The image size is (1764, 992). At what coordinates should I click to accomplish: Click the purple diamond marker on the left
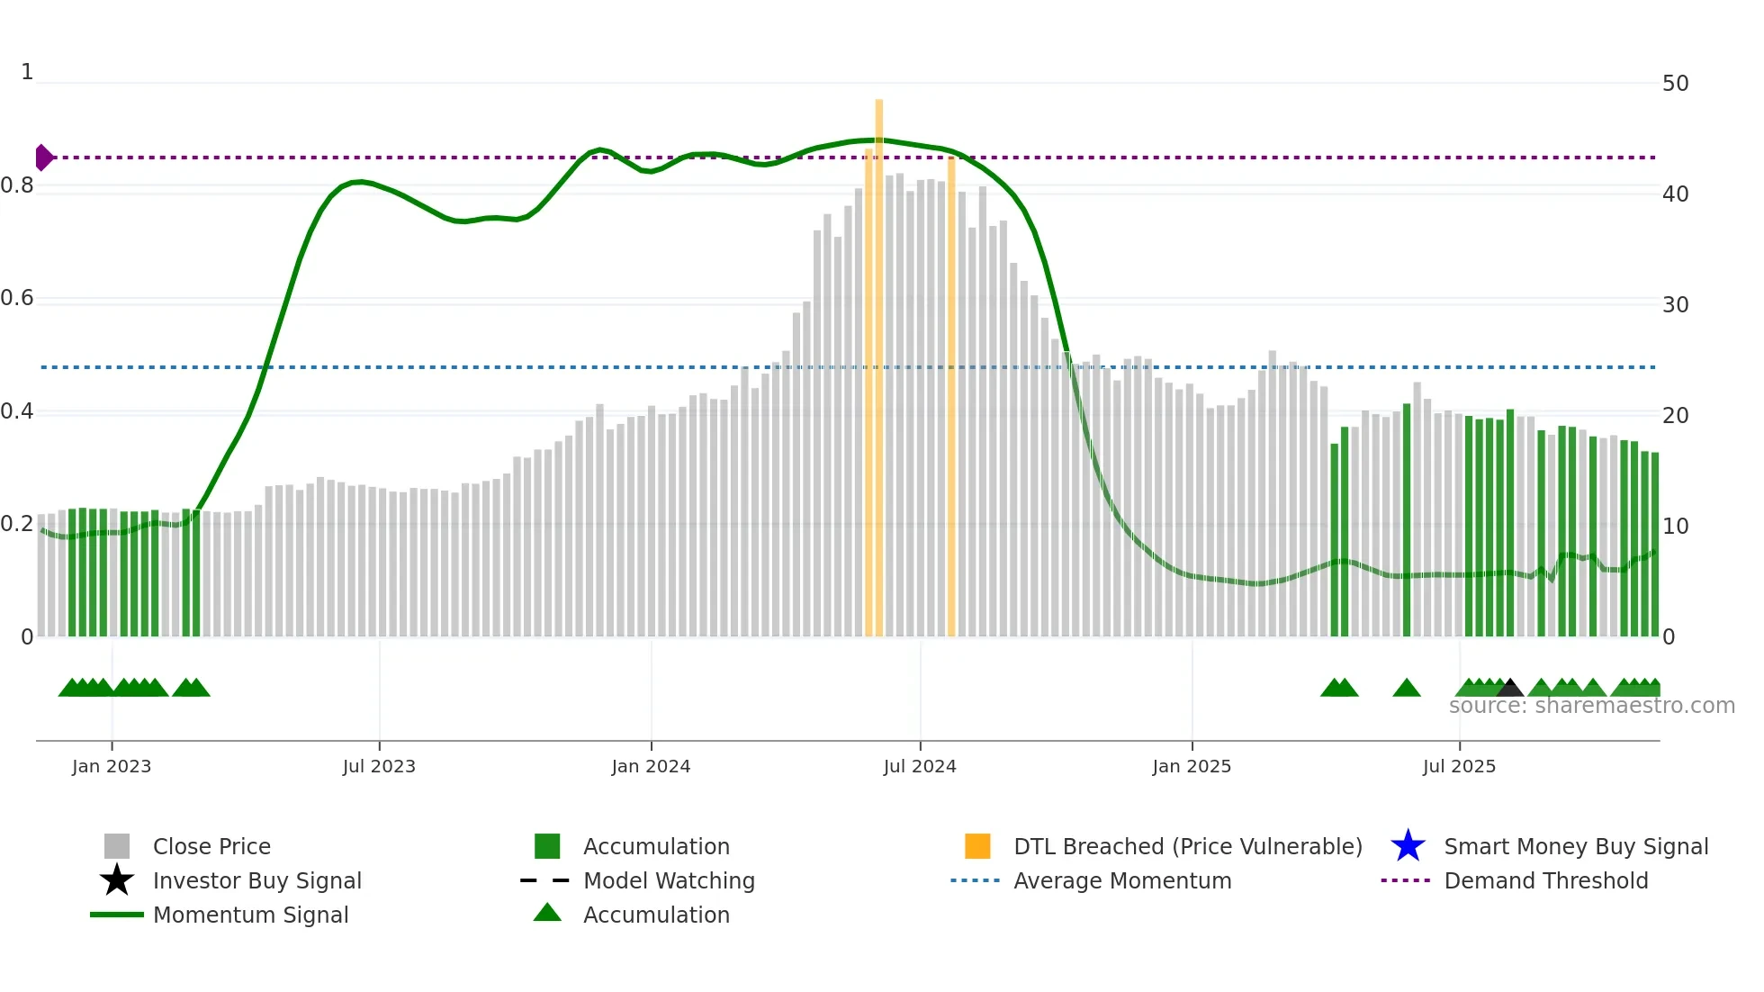pyautogui.click(x=43, y=158)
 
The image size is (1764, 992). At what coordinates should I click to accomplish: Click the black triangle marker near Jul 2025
pyautogui.click(x=1509, y=689)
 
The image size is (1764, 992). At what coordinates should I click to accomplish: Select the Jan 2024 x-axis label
pyautogui.click(x=651, y=766)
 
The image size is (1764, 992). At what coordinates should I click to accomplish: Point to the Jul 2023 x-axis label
pyautogui.click(x=379, y=766)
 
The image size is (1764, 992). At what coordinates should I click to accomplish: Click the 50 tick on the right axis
pyautogui.click(x=1675, y=84)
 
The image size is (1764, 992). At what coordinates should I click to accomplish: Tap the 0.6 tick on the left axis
pyautogui.click(x=18, y=298)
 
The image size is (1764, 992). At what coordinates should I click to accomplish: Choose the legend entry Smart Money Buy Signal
pyautogui.click(x=1575, y=846)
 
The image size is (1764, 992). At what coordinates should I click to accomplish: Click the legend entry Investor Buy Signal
pyautogui.click(x=256, y=880)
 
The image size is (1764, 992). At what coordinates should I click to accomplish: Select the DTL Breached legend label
pyautogui.click(x=1187, y=846)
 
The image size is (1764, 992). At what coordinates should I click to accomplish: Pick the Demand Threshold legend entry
pyautogui.click(x=1545, y=880)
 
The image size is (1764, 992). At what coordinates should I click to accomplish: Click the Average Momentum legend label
pyautogui.click(x=1121, y=880)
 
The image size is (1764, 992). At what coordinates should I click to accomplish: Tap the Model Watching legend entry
pyautogui.click(x=668, y=880)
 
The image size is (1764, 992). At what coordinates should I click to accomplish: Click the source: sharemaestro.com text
pyautogui.click(x=1591, y=706)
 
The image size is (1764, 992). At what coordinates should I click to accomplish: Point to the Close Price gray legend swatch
pyautogui.click(x=117, y=846)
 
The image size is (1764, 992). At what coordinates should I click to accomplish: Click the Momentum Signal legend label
pyautogui.click(x=250, y=915)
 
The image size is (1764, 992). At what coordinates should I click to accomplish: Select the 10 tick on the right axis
pyautogui.click(x=1675, y=527)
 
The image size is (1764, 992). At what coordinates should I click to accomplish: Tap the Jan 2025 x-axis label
pyautogui.click(x=1191, y=766)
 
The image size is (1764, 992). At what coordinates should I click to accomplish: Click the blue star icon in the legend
pyautogui.click(x=1408, y=846)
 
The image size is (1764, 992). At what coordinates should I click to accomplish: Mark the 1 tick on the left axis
pyautogui.click(x=27, y=72)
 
